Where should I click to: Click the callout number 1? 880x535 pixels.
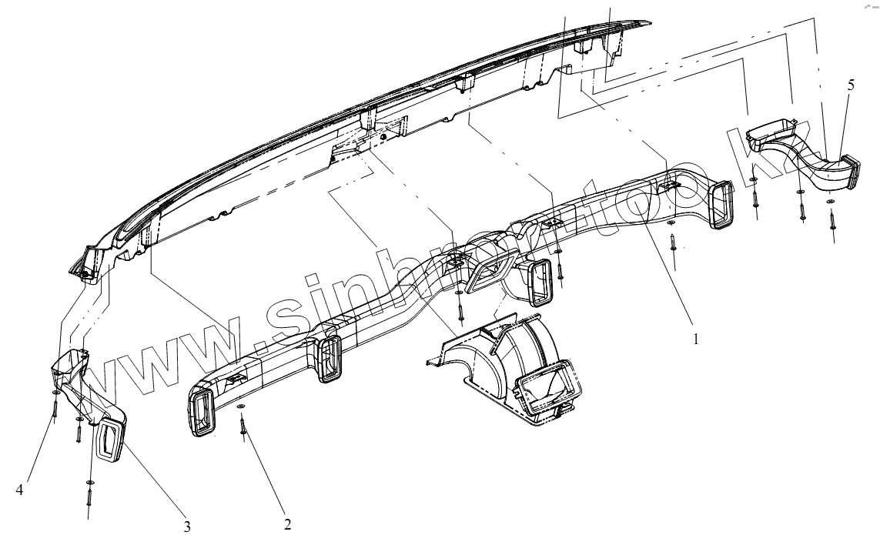pyautogui.click(x=696, y=338)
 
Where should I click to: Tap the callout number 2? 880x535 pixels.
pyautogui.click(x=287, y=524)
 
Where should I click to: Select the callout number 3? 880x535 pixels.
pyautogui.click(x=187, y=527)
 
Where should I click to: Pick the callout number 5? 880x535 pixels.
pyautogui.click(x=851, y=85)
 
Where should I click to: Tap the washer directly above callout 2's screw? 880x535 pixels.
pyautogui.click(x=242, y=406)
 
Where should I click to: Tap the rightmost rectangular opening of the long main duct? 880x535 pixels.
pyautogui.click(x=723, y=205)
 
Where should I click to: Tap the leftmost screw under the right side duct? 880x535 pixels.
pyautogui.click(x=755, y=196)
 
